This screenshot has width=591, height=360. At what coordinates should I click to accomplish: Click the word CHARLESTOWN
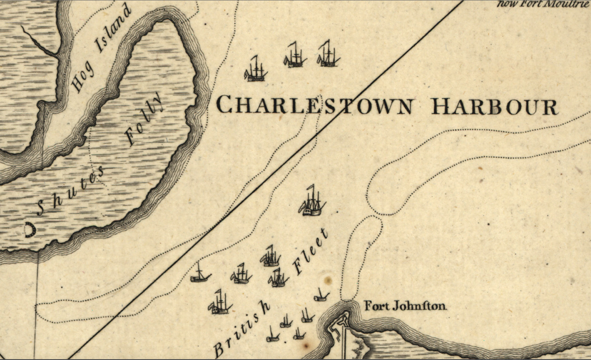coord(314,105)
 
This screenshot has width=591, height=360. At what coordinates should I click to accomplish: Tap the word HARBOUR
coord(494,107)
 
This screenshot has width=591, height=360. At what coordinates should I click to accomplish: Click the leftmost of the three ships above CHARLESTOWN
coord(255,69)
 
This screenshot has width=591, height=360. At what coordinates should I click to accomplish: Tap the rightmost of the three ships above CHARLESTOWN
coord(329,54)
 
